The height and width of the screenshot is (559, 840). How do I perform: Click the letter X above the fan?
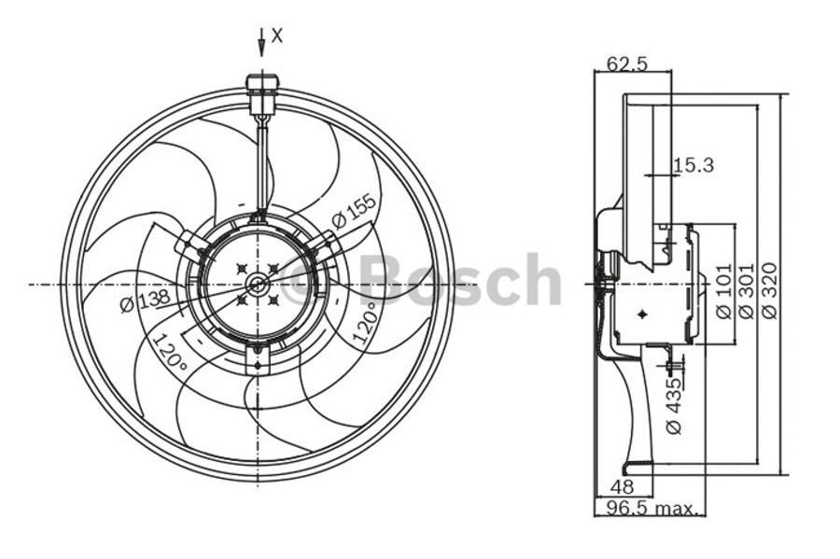pyautogui.click(x=276, y=35)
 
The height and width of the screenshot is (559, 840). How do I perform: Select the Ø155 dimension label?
pyautogui.click(x=353, y=210)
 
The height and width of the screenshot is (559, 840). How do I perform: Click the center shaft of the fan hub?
pyautogui.click(x=258, y=283)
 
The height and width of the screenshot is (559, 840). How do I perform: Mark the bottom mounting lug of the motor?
pyautogui.click(x=258, y=358)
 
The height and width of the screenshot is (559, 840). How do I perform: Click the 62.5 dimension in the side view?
pyautogui.click(x=627, y=64)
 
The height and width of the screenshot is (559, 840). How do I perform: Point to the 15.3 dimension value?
pyautogui.click(x=693, y=165)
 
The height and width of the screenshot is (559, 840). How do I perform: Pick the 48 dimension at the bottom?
pyautogui.click(x=621, y=486)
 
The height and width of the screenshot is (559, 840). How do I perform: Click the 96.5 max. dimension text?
pyautogui.click(x=651, y=508)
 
